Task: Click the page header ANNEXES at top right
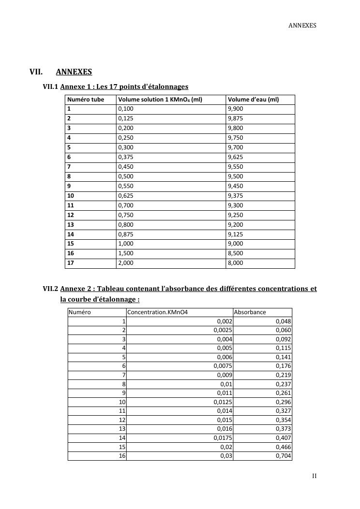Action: [x=302, y=25]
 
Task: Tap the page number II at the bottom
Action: [x=314, y=476]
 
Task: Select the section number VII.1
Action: [x=51, y=87]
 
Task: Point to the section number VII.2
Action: [x=51, y=289]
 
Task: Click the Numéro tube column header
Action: [x=86, y=100]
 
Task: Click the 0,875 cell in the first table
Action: [x=126, y=234]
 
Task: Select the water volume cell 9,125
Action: [x=235, y=234]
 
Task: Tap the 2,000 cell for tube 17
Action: [x=126, y=263]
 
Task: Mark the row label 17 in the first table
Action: [x=71, y=263]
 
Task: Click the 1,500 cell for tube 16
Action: [x=126, y=254]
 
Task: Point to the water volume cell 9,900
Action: [x=235, y=109]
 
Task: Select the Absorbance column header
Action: [x=250, y=312]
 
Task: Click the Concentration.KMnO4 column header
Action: [x=157, y=312]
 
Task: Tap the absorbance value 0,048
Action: [x=284, y=321]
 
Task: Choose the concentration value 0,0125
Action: [x=223, y=402]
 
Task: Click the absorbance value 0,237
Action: [x=284, y=384]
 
